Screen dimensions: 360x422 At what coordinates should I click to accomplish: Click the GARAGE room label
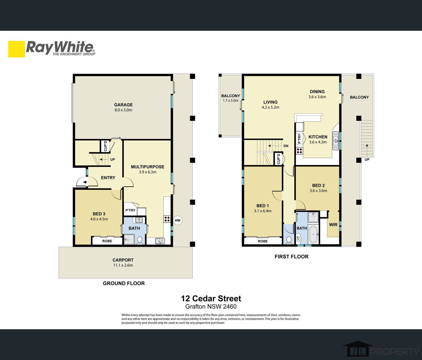click(123, 105)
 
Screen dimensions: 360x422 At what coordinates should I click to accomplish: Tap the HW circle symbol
click(177, 220)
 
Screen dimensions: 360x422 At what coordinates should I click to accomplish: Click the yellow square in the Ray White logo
click(17, 49)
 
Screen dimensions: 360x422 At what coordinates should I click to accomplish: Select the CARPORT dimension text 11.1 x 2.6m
click(123, 265)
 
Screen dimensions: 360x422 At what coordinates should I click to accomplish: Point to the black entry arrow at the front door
click(85, 182)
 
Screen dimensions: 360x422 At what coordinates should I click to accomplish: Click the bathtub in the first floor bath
click(313, 234)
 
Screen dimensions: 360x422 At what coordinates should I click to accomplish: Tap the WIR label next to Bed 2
click(333, 225)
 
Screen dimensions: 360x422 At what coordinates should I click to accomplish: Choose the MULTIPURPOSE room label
click(147, 167)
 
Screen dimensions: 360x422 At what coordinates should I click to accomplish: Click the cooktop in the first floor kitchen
click(299, 151)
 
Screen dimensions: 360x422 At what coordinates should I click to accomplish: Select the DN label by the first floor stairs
click(286, 146)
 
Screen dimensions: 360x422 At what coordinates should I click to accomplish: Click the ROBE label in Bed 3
click(107, 241)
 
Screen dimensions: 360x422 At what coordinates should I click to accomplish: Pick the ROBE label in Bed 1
click(262, 241)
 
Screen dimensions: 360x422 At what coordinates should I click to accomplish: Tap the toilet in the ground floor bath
click(140, 240)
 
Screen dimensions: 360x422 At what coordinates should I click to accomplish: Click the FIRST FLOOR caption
click(291, 257)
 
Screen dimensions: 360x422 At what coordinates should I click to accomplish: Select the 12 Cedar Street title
click(211, 298)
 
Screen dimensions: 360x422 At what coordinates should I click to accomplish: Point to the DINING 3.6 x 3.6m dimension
click(317, 97)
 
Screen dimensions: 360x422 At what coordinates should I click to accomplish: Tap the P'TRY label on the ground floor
click(130, 210)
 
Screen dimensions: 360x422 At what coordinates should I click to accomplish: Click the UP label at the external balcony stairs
click(367, 160)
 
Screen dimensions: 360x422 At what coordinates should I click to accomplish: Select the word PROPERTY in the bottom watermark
click(395, 351)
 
